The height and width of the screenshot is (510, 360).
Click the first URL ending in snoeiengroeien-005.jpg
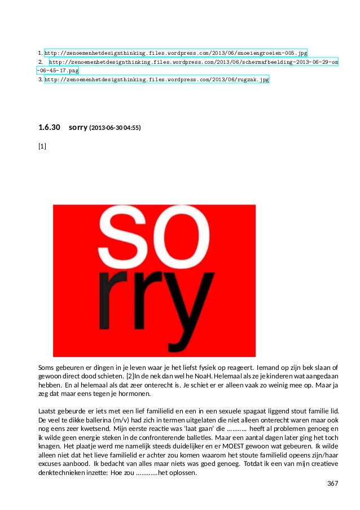click(175, 52)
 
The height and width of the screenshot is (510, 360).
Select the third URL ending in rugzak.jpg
click(156, 80)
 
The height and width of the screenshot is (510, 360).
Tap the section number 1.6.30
click(49, 128)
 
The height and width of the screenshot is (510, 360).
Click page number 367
click(333, 484)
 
